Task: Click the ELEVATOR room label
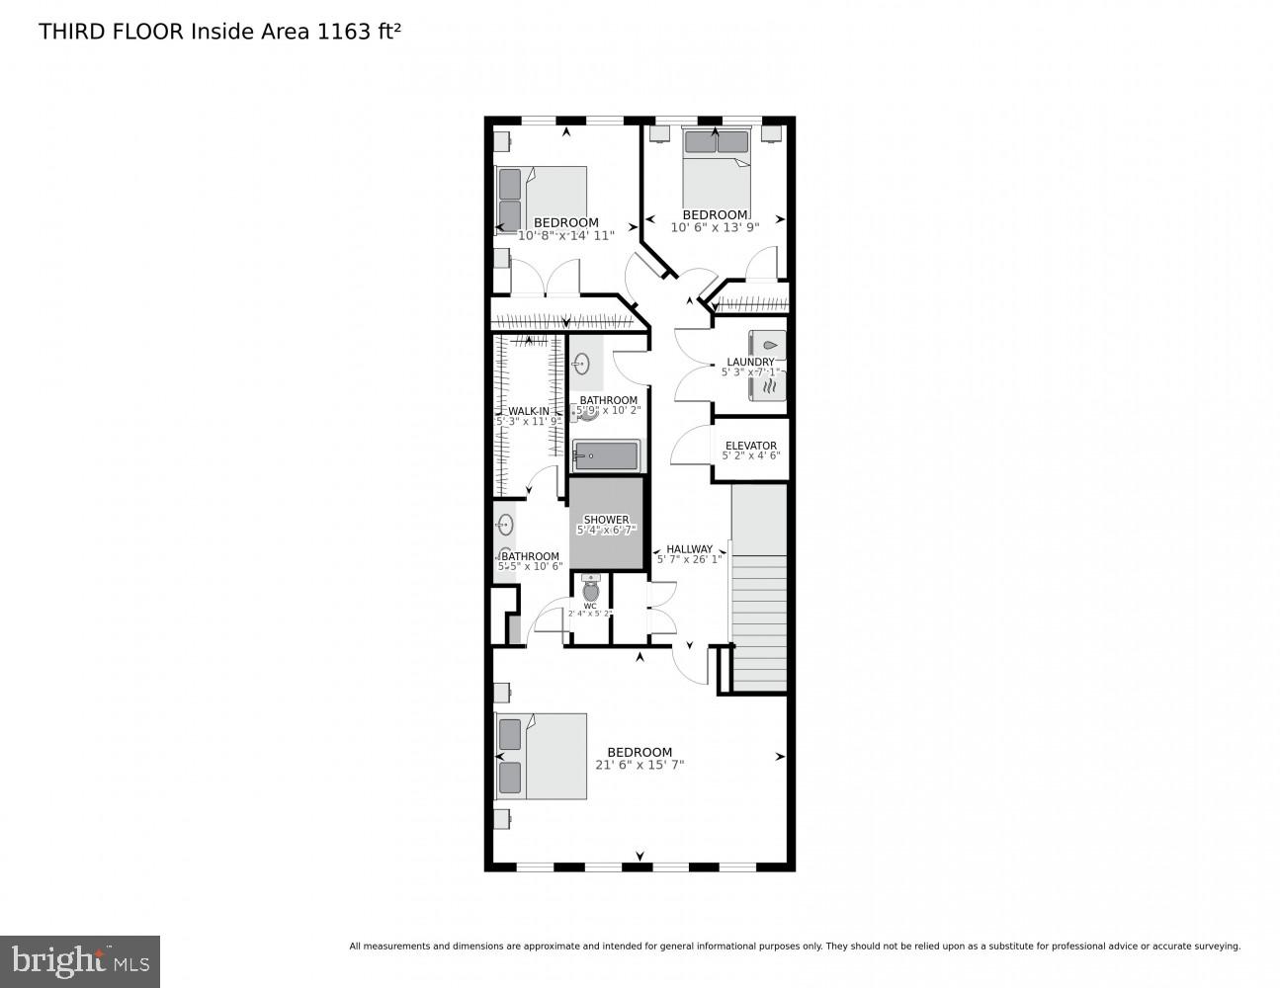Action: coord(750,446)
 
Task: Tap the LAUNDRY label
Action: coord(750,362)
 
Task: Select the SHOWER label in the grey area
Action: coord(606,520)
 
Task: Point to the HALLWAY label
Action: coord(689,549)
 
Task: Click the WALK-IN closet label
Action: coord(529,411)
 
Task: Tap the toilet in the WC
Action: coord(591,590)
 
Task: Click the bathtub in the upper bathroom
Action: coord(607,455)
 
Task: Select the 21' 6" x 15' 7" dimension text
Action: coord(640,765)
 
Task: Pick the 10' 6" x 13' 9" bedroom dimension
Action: coord(715,228)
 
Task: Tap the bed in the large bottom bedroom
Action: coord(542,756)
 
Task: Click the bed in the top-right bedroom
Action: coord(717,173)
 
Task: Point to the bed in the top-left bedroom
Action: coord(541,198)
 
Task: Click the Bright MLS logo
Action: coord(80,960)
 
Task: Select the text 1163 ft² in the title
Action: coord(359,32)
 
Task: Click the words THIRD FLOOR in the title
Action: coord(111,32)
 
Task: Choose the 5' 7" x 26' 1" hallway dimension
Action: coord(689,560)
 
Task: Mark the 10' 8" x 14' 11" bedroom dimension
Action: coord(566,235)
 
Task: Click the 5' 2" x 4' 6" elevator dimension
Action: coord(750,456)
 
